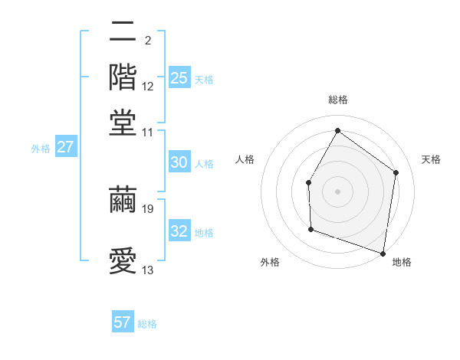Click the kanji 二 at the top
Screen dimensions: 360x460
(x=123, y=32)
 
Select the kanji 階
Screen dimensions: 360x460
(x=123, y=77)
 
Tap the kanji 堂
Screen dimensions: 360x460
(x=123, y=123)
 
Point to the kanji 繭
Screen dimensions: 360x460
(x=123, y=199)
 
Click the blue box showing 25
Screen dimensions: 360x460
(x=179, y=78)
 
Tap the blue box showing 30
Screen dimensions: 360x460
(x=179, y=162)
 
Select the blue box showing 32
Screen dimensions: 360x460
(x=179, y=231)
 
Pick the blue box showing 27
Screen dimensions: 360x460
(x=65, y=147)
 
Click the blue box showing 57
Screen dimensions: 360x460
(x=123, y=322)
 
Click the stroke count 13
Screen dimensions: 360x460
(x=148, y=270)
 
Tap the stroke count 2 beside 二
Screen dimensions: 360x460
(x=147, y=40)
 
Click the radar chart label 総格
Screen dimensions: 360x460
(x=337, y=100)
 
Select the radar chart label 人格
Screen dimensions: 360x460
(x=245, y=159)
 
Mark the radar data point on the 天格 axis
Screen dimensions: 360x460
(x=396, y=172)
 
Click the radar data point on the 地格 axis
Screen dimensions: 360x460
(x=383, y=253)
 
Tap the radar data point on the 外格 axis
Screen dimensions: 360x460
(x=310, y=229)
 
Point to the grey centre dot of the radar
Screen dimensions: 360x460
(x=337, y=191)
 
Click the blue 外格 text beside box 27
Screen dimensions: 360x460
(x=40, y=149)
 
